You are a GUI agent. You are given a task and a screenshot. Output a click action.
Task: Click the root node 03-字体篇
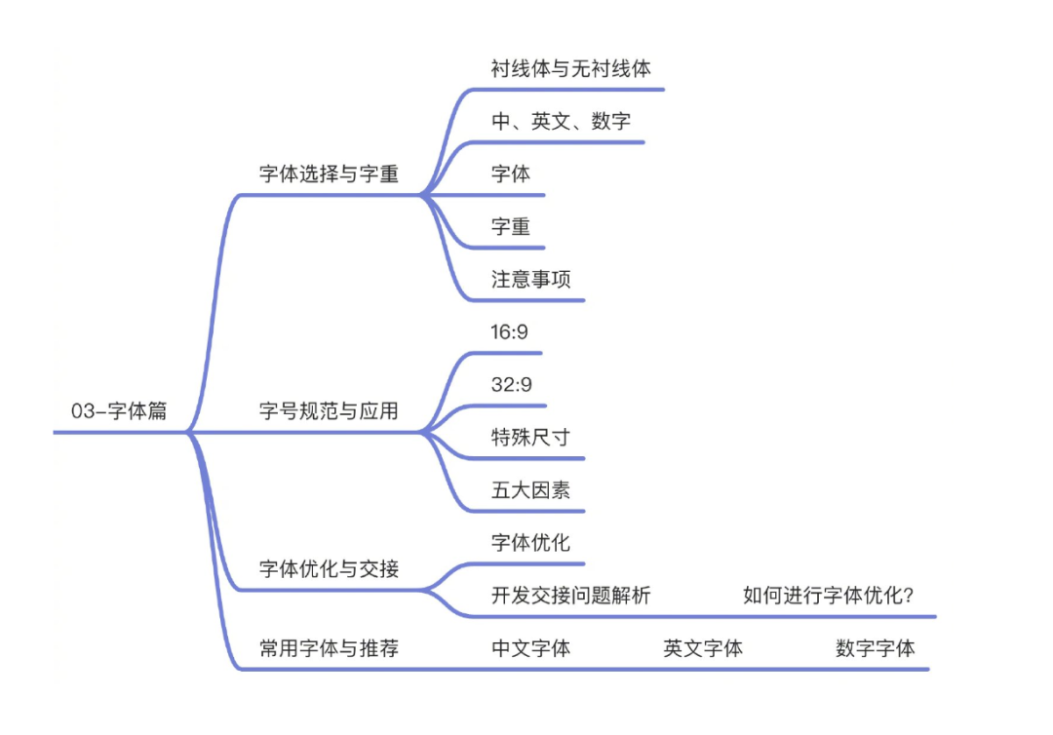coord(119,411)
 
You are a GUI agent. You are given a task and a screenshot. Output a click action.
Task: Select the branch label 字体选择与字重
coord(329,174)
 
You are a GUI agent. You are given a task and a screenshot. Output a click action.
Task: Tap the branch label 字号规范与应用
coord(329,411)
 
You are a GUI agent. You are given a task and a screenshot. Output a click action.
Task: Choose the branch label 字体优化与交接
coord(329,568)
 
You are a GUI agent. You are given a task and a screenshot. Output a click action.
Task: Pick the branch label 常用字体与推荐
coord(329,648)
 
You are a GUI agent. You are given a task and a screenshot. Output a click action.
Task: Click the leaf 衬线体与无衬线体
coord(570,68)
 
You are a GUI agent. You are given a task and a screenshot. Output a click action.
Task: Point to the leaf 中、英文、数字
coord(561,122)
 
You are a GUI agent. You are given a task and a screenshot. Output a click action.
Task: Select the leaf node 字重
coord(511,227)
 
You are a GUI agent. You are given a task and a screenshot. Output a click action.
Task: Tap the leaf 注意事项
coord(530,280)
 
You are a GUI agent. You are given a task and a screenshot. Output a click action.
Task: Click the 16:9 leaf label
coord(510,332)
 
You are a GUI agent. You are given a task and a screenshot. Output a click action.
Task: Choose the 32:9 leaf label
coord(512,385)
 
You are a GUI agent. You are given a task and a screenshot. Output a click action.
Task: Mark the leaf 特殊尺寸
coord(530,438)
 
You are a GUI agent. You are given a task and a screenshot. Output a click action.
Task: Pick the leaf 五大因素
coord(530,490)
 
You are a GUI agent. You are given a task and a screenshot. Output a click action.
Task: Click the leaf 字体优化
coord(530,543)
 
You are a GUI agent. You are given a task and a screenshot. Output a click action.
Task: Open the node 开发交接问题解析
coord(570,596)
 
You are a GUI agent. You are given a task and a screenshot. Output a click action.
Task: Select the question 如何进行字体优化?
coord(828,596)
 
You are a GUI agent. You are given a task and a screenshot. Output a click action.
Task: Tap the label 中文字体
coord(530,648)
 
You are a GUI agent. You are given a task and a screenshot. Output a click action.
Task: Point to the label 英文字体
coord(703,648)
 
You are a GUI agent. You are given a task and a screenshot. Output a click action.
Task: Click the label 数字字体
coord(875,648)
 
